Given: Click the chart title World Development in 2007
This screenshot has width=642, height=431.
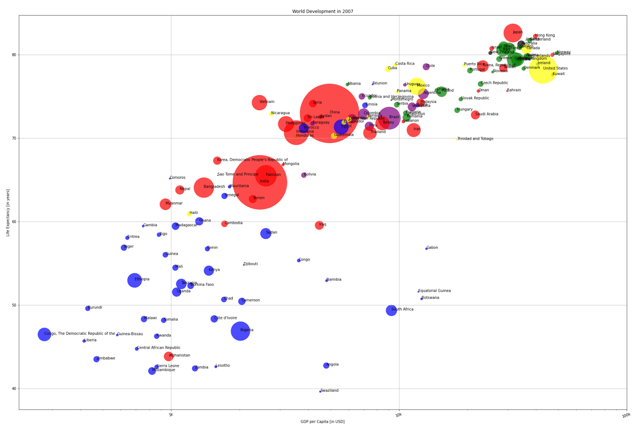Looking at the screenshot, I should click(323, 12).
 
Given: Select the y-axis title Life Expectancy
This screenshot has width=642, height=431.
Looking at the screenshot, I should click(8, 213).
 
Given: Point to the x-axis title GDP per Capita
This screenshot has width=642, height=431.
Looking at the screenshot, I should click(323, 422).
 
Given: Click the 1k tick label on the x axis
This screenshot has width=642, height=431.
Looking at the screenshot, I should click(170, 415).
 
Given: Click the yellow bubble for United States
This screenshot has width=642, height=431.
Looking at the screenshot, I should click(543, 69).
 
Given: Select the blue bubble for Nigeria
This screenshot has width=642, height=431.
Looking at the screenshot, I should click(240, 331).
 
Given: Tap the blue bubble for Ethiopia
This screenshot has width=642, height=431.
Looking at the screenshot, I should click(135, 280).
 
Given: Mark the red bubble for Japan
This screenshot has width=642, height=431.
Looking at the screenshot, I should click(513, 33).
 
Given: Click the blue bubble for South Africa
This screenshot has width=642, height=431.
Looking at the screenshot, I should click(391, 310).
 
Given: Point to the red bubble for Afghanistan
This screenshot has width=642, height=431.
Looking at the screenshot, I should click(168, 356).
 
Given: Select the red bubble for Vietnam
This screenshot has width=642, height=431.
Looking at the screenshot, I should click(260, 103).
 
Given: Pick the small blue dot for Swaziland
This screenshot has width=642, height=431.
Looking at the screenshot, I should click(320, 391).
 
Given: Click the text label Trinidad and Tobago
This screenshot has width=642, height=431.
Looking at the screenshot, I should click(475, 139).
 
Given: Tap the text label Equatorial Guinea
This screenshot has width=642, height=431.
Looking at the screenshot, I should click(434, 291).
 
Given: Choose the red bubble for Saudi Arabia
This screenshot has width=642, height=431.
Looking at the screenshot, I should click(475, 115).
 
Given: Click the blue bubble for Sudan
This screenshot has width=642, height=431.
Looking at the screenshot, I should click(266, 233).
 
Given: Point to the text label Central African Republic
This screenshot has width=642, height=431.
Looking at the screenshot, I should click(159, 348).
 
